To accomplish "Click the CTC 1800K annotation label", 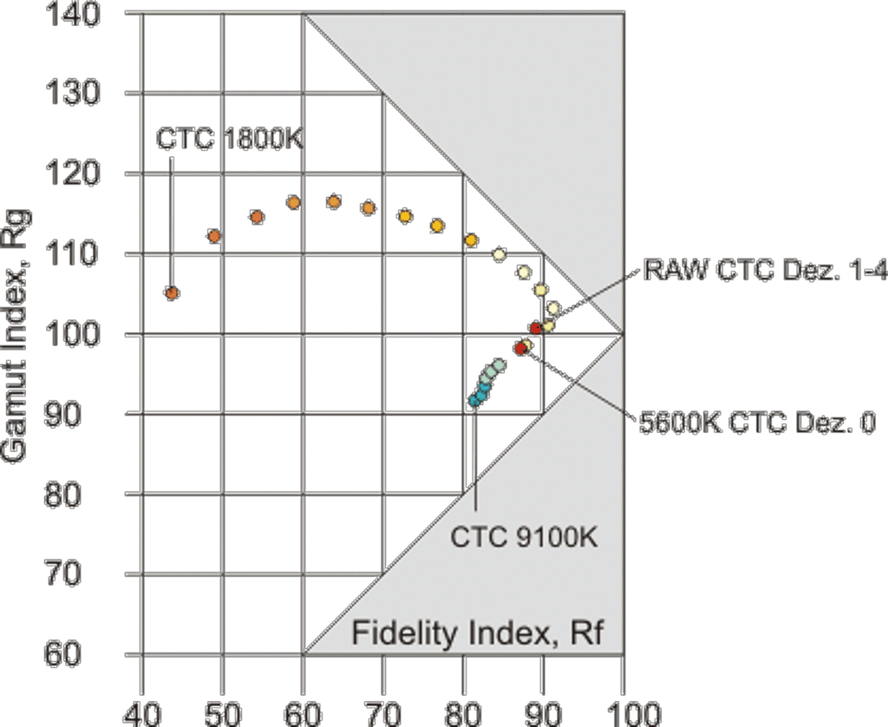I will (230, 139).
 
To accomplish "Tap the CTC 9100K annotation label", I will (524, 537).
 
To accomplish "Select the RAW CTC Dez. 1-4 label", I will (765, 271).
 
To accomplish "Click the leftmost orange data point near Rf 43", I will (172, 293).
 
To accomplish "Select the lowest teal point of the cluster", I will (474, 401).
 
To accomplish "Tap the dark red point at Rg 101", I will (536, 328).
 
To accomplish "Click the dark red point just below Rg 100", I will (520, 348).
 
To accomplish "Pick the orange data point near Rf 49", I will (214, 236).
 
